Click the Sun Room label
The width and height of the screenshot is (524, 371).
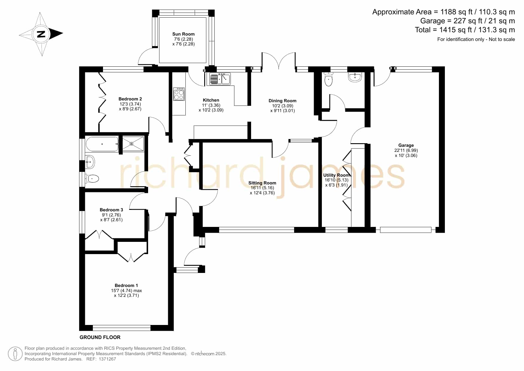183,34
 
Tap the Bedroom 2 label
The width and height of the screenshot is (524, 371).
130,99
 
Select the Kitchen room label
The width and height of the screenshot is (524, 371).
211,100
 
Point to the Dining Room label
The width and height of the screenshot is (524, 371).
282,101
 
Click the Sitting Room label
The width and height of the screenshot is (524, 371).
262,183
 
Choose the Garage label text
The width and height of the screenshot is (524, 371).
406,145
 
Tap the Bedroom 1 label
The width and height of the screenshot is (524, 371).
126,285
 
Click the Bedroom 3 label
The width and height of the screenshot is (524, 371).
111,210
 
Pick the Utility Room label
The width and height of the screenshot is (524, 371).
336,175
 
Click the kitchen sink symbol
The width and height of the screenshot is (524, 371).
220,79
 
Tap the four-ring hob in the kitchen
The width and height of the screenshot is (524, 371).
179,94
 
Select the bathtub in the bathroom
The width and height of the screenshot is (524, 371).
102,144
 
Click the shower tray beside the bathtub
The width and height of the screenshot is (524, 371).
133,144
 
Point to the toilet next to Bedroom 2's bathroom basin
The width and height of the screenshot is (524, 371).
92,179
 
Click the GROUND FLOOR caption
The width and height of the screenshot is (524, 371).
100,337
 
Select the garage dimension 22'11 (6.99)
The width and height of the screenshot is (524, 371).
406,150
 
